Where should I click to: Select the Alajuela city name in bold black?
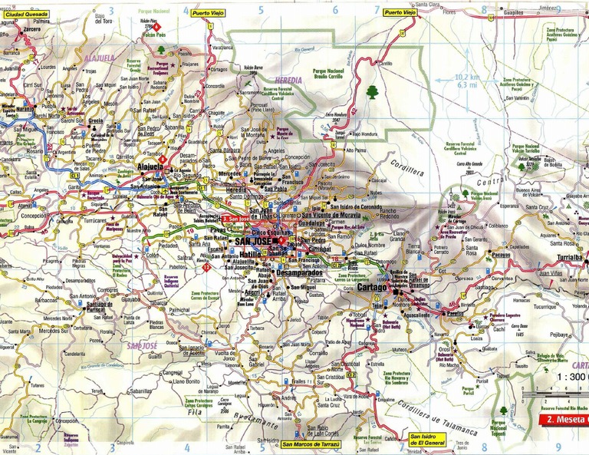[x=150, y=166]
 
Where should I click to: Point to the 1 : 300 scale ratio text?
[x=571, y=377]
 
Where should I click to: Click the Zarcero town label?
[x=32, y=28]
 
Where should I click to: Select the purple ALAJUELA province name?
[x=100, y=58]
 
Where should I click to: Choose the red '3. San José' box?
[x=234, y=219]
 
